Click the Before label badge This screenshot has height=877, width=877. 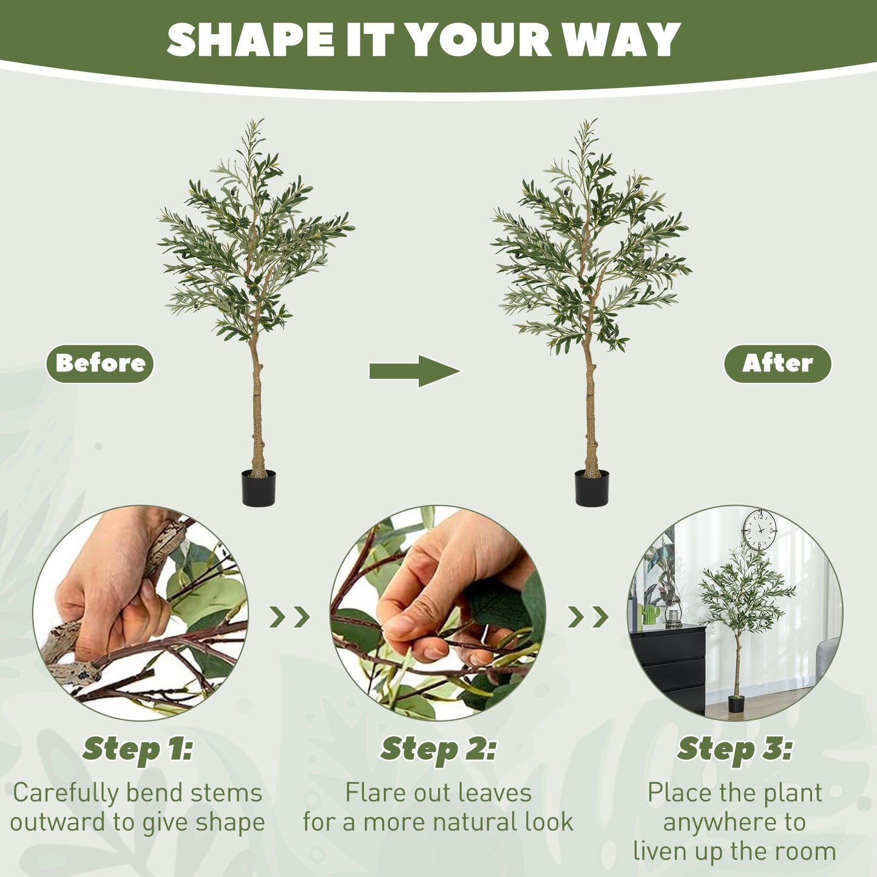coord(100,364)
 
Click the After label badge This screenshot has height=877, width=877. coord(777,364)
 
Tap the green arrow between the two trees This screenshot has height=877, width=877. coord(415,371)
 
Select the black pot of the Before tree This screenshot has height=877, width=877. coord(259,489)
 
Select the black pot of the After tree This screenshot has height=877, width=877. coord(592,489)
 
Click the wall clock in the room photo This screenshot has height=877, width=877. coord(759,530)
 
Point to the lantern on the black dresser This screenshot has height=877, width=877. coord(673,611)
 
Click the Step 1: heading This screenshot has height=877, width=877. coord(138,750)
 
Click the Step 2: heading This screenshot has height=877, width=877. coord(438,750)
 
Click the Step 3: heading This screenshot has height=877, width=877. coord(734,750)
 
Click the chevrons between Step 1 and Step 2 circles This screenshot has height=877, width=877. coord(290,617)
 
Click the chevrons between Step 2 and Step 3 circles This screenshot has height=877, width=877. coord(587,617)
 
